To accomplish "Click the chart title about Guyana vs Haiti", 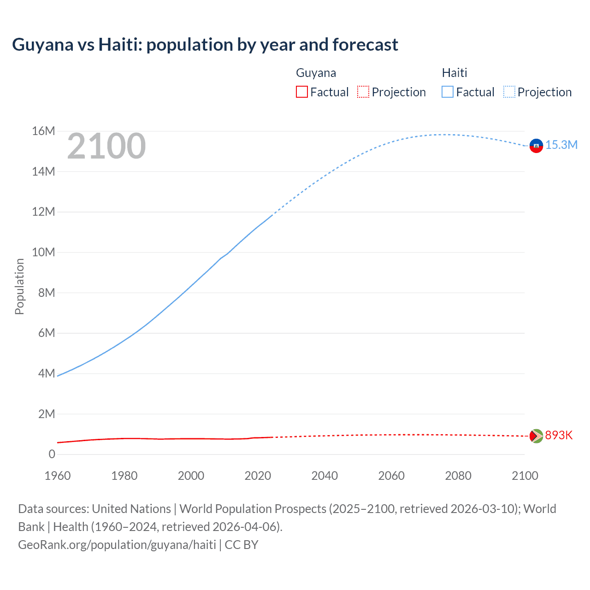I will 205,45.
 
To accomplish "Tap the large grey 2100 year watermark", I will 106,146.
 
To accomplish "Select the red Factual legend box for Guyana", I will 301,92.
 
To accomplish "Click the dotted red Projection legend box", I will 363,92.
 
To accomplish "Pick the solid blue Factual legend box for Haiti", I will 448,92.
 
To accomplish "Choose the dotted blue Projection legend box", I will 509,92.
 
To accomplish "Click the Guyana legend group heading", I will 316,73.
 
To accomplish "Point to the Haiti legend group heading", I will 454,73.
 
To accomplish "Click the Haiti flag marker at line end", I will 536,146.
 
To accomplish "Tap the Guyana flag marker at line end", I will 536,436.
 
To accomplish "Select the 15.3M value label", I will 561,145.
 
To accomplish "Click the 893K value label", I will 559,436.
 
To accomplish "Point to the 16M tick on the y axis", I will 43,131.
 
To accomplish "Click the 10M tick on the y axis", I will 43,253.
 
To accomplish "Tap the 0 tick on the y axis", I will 52,454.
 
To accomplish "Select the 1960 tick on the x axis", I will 58,476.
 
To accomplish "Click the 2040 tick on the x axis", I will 324,476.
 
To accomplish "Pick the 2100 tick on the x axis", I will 525,476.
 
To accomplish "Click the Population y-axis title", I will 19,286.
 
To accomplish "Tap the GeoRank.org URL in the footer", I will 117,545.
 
